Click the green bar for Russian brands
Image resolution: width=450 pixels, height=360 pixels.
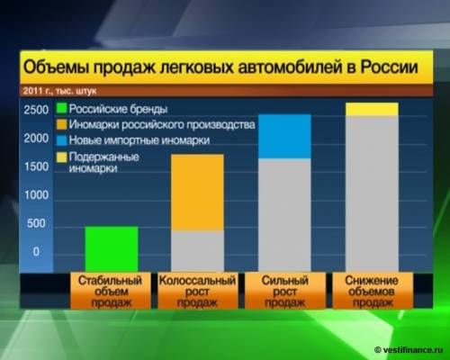(112, 249)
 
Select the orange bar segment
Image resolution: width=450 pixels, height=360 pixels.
(197, 193)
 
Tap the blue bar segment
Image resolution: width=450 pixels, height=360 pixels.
(284, 137)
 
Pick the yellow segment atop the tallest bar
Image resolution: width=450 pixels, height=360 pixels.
(372, 109)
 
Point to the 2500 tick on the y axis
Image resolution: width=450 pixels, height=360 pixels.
(36, 110)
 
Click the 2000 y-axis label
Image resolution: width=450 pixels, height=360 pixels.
(36, 139)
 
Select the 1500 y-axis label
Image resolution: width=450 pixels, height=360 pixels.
(36, 166)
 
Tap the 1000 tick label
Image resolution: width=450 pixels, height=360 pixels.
(36, 195)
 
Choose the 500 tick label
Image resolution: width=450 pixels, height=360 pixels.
(36, 223)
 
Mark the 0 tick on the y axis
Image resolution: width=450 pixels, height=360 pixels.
(36, 251)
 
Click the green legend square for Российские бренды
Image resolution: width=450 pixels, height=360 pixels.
(61, 108)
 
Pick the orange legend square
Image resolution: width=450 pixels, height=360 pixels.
(61, 124)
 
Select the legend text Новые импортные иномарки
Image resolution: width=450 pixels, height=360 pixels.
(139, 140)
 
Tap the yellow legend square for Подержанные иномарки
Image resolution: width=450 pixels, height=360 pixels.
(61, 157)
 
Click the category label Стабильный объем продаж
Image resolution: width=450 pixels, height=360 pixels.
(111, 292)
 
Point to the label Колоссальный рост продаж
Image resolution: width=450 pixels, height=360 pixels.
(197, 292)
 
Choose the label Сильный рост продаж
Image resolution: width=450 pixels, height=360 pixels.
(285, 292)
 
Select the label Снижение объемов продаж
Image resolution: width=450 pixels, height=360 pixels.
(372, 292)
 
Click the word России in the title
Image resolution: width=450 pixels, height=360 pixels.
(389, 67)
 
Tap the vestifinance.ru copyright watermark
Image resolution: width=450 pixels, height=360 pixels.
(409, 350)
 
